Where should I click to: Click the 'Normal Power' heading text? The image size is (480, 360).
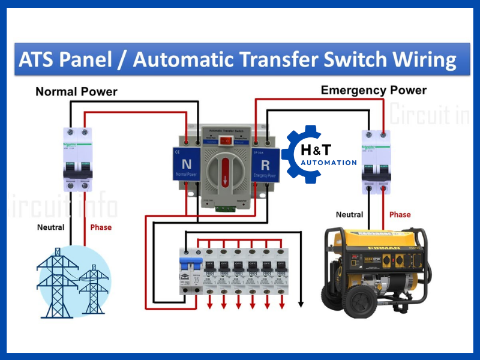click(76, 92)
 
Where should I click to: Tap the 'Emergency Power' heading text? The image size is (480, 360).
click(373, 90)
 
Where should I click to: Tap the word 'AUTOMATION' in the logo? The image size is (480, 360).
click(329, 163)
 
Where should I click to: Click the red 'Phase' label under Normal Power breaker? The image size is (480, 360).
click(101, 227)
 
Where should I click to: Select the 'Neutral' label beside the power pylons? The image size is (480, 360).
click(50, 227)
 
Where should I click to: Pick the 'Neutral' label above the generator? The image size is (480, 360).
click(349, 214)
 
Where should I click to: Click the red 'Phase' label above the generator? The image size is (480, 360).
click(400, 214)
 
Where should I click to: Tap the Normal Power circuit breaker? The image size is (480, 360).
click(79, 159)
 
